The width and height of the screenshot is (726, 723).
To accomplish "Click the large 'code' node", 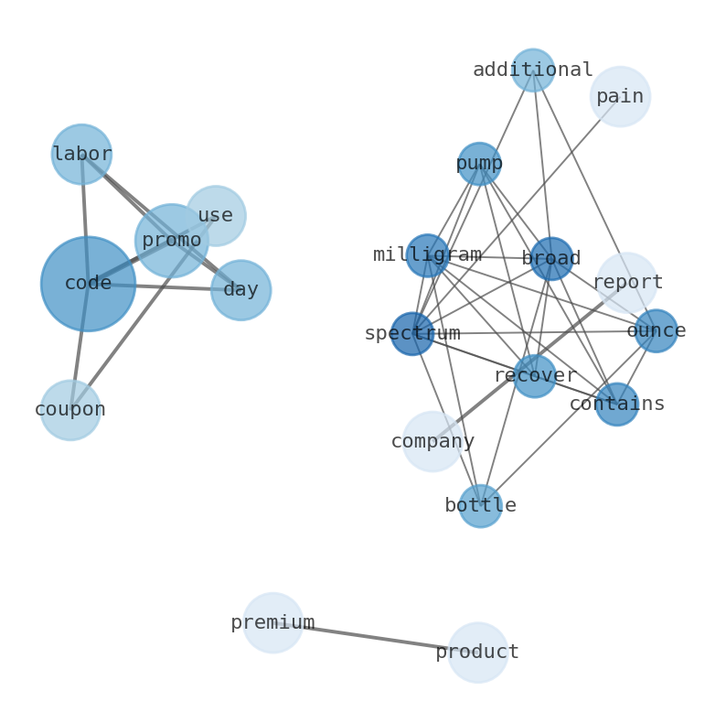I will click(88, 284).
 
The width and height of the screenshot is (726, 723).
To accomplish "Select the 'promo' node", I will click(172, 241).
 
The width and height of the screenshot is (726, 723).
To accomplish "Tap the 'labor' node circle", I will click(81, 155).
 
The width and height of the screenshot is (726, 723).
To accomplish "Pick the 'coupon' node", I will click(70, 410).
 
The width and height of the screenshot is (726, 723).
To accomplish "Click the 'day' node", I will click(240, 290).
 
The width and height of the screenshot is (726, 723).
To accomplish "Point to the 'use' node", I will click(216, 216).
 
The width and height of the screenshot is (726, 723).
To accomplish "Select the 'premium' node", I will click(272, 623).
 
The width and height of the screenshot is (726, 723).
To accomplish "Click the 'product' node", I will click(477, 653).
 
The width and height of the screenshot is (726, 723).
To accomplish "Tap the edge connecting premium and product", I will click(375, 638).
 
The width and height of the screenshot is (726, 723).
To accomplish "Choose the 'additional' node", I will click(533, 70).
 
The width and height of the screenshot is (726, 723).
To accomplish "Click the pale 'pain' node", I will click(620, 96).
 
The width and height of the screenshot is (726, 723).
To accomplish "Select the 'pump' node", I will click(479, 164).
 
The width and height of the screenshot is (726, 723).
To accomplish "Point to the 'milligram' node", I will click(427, 255).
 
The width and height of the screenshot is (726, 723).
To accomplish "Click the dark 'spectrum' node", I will click(412, 334).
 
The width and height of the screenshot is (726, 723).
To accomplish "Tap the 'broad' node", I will click(551, 259).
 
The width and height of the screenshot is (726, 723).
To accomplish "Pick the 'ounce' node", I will click(656, 331).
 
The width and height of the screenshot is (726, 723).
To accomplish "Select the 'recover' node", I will click(535, 376).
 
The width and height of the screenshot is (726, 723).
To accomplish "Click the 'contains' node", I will click(617, 405).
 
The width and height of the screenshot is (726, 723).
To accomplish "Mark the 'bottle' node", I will click(480, 506).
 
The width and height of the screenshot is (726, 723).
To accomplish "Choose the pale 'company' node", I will click(432, 442).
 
